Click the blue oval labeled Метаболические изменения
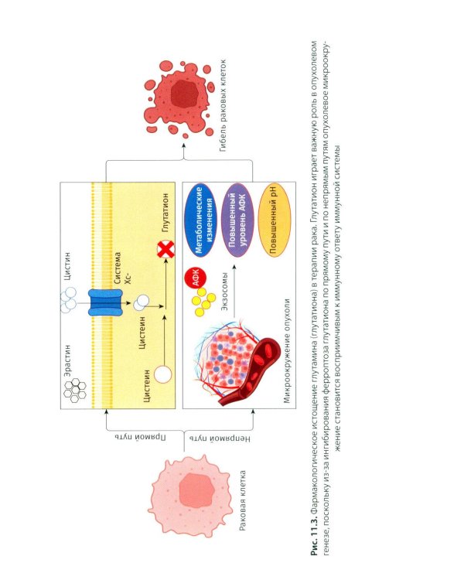click(202, 220)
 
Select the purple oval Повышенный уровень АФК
click(237, 220)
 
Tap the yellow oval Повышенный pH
click(275, 220)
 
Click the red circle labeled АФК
click(195, 278)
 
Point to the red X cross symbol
click(166, 250)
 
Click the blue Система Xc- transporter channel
click(105, 302)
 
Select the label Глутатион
click(165, 213)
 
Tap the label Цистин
click(67, 266)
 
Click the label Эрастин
click(67, 360)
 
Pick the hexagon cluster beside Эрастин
click(75, 391)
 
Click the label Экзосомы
click(224, 291)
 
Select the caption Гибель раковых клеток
click(223, 105)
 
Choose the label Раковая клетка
click(243, 500)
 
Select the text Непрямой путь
click(220, 438)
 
